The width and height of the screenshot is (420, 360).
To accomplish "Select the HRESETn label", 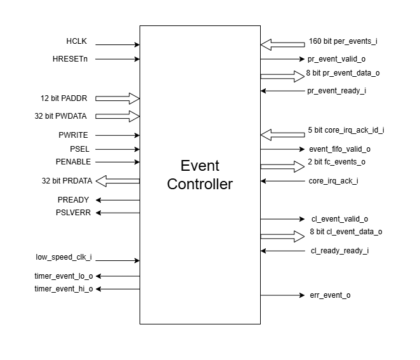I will point(70,59).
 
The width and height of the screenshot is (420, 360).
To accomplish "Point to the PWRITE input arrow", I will point(117,135).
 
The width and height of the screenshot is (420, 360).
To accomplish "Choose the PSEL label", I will point(80,149).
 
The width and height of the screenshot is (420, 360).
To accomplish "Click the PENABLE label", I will point(74,162).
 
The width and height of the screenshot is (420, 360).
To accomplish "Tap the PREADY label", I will point(73,199).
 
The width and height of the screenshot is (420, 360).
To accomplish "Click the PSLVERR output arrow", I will point(117,213).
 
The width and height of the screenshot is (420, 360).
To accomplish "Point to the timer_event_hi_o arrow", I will point(117,289).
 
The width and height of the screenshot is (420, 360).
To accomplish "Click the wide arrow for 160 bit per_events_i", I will point(282,44).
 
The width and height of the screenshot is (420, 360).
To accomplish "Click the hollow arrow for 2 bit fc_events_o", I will point(282,167).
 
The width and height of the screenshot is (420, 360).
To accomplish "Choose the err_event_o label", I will point(331,295).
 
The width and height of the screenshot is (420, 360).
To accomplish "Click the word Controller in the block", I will point(200,185).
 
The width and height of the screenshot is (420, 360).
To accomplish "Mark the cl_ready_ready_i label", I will point(339,251).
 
